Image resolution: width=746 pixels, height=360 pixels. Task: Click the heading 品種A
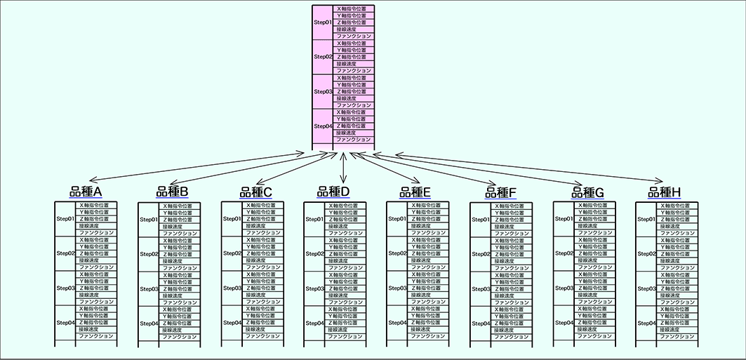pos(86,192)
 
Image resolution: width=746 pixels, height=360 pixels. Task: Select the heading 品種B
pos(172,192)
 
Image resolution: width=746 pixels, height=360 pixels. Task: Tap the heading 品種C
pos(255,192)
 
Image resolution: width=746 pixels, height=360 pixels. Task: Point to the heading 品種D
pos(333,191)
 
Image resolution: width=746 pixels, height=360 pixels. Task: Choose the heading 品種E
pos(415,192)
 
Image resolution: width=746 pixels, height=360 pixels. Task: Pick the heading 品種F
pos(500,192)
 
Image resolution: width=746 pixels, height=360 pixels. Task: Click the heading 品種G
pos(588,192)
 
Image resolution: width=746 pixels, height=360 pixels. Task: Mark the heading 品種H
pos(665,192)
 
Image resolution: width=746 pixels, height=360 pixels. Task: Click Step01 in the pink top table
pos(323,22)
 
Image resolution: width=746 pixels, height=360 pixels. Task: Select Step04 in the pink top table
pos(323,126)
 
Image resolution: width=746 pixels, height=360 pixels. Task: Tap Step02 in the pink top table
pos(323,57)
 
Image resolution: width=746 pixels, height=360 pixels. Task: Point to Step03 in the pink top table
pos(323,92)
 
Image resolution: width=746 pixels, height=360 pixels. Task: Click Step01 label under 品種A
pos(65,219)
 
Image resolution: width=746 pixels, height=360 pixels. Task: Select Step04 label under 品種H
pos(646,323)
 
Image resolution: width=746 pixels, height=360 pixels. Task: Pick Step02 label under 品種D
pos(314,254)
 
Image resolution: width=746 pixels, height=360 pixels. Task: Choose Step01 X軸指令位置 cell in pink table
pos(353,8)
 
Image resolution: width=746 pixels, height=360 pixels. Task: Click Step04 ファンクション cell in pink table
pos(353,140)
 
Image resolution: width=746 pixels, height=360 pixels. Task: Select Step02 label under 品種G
pos(564,253)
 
